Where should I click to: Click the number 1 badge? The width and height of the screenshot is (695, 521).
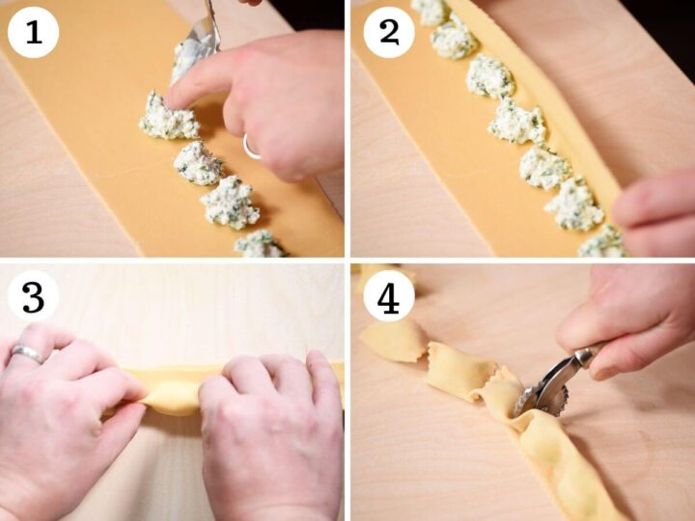point(34,32)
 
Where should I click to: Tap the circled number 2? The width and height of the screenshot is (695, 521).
point(389,32)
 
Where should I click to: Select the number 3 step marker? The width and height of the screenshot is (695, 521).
point(34,297)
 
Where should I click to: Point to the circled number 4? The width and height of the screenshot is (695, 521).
point(389,297)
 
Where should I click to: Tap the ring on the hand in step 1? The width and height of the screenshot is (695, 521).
point(250,147)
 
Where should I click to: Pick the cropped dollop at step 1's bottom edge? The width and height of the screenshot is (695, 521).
point(260,244)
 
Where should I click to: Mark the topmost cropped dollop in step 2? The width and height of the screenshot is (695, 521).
point(431,11)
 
